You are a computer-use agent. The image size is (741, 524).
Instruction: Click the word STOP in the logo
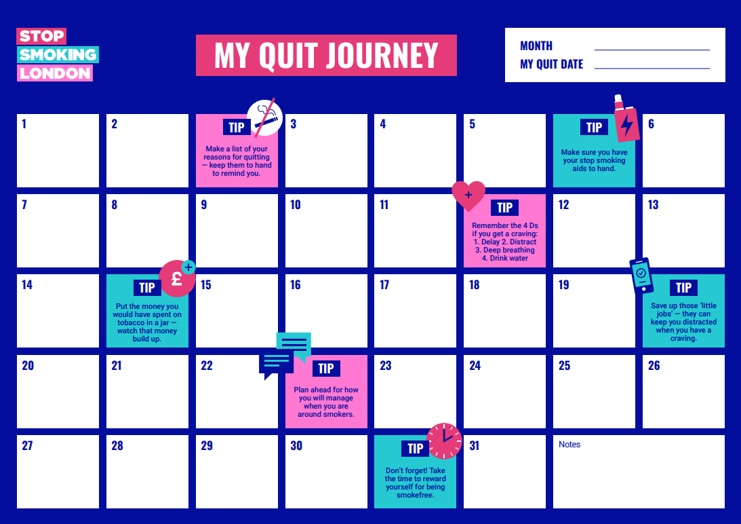tap(41, 36)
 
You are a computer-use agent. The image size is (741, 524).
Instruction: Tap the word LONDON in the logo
tap(55, 73)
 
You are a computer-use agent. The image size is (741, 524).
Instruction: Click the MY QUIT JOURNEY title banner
tap(326, 56)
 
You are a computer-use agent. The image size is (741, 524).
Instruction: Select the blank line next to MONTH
tap(652, 50)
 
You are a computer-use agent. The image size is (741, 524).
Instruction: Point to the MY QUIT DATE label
tap(551, 64)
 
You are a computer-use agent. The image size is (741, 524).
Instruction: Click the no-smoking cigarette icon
tap(264, 117)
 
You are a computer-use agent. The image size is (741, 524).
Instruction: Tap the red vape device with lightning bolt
tap(626, 119)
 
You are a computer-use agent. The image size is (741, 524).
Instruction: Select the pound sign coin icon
tap(177, 278)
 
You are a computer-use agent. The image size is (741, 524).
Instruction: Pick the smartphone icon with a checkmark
tap(641, 276)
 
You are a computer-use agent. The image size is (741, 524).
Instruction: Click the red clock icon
tap(444, 441)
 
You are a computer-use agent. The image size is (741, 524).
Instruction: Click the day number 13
tap(653, 205)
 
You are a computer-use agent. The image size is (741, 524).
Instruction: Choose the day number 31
tap(474, 446)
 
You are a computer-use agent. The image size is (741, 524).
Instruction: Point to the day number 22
tap(207, 365)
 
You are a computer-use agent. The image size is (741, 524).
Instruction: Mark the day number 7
tap(24, 205)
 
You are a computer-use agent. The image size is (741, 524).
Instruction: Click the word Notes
tap(569, 445)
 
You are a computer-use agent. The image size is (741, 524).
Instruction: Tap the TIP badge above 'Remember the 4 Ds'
tap(504, 207)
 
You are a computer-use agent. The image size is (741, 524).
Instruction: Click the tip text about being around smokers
tap(326, 402)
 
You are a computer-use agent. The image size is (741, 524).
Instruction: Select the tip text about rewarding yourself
tap(416, 483)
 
